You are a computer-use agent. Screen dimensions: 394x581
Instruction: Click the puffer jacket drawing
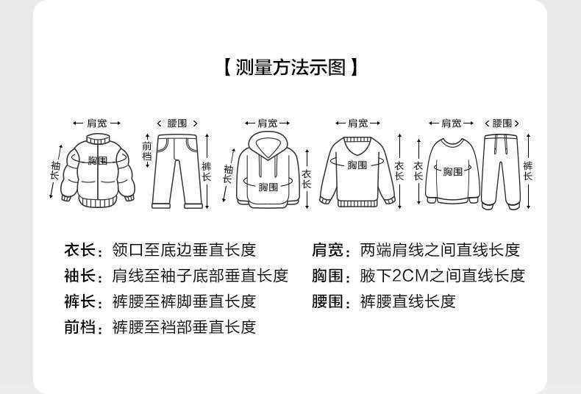point(97,169)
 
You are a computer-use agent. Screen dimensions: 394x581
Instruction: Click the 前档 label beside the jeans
point(146,151)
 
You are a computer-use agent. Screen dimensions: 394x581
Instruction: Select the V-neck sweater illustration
point(357,171)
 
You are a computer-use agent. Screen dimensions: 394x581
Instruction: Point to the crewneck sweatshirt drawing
point(452,171)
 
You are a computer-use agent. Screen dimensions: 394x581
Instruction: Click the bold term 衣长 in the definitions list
point(80,250)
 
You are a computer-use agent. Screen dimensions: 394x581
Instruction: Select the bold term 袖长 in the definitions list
point(80,276)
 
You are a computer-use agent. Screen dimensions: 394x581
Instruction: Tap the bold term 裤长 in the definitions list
point(80,301)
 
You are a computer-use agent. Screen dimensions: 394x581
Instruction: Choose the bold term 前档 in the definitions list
point(80,326)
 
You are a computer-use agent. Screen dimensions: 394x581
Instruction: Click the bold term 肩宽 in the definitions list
point(327,250)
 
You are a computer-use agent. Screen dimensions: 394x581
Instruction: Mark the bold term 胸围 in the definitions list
point(327,276)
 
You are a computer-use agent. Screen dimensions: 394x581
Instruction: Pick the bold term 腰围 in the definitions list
point(327,301)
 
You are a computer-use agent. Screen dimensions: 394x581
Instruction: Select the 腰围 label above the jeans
point(178,123)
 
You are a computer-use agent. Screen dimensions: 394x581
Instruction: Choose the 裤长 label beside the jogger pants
point(528,171)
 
